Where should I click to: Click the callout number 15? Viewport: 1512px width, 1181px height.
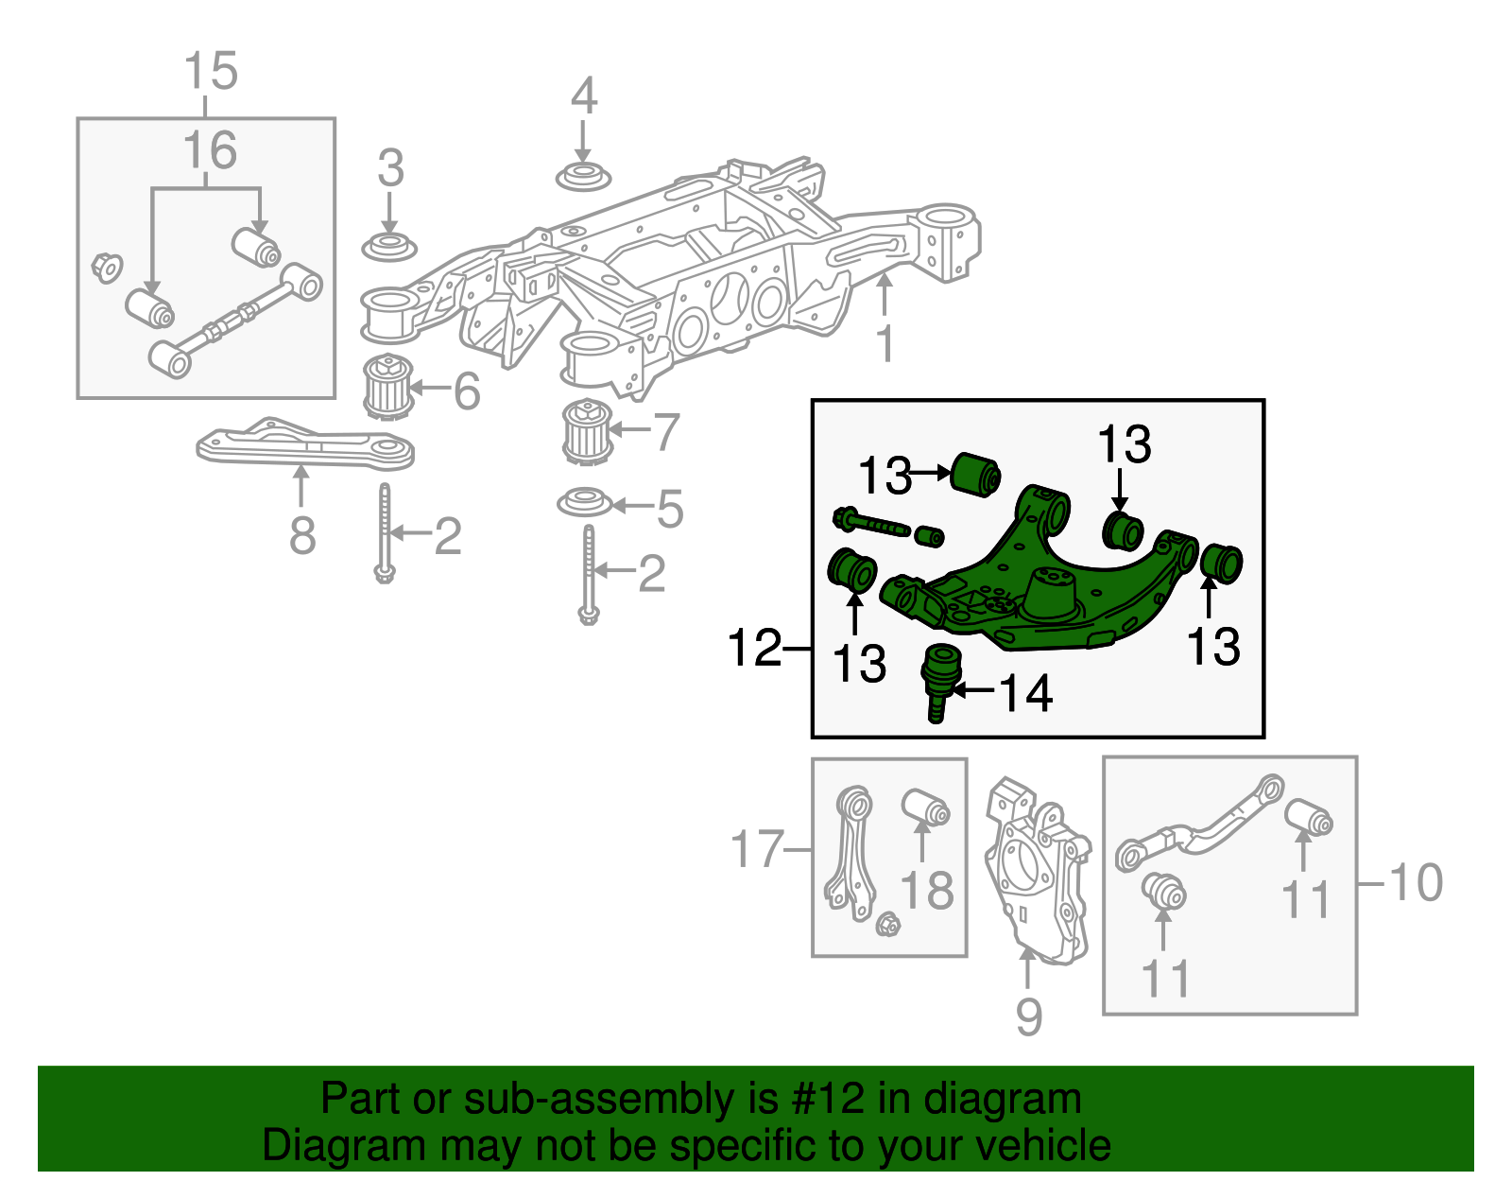pos(210,72)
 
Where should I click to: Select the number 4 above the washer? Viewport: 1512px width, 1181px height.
pos(584,96)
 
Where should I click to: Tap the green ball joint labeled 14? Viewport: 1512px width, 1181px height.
pos(940,679)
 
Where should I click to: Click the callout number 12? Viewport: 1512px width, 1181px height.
pos(754,649)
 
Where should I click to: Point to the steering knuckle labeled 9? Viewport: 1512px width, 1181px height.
pos(1036,875)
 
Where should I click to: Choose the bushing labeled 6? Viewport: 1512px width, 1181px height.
pos(388,388)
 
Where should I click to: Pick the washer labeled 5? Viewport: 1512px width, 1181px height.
pos(585,502)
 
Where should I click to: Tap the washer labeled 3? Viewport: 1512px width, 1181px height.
pos(389,247)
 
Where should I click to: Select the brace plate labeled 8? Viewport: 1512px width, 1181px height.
pos(305,447)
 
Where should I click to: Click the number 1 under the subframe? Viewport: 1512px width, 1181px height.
pos(885,344)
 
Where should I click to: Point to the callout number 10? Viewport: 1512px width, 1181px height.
pos(1415,883)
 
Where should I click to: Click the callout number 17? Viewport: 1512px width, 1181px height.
pos(757,849)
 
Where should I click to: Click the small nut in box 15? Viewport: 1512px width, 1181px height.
pos(106,267)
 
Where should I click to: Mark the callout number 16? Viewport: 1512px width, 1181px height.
pos(209,151)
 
